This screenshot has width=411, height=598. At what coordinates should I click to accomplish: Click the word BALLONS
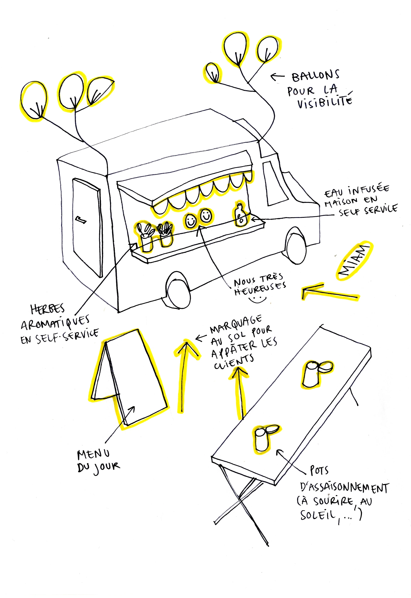[x=316, y=76]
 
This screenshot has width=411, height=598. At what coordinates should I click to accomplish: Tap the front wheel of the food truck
[x=296, y=245]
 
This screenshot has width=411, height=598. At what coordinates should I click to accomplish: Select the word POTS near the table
[x=319, y=471]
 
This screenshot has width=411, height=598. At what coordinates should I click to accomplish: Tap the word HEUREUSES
[x=260, y=289]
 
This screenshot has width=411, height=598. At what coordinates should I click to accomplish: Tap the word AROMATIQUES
[x=55, y=323]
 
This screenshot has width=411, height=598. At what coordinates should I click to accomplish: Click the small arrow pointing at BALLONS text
[x=277, y=76]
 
